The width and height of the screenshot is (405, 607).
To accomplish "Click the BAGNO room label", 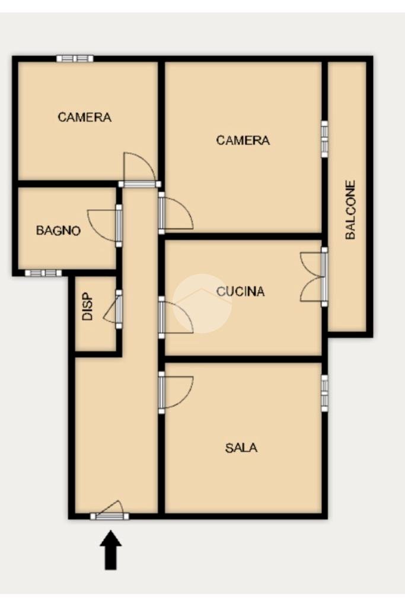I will (58, 231).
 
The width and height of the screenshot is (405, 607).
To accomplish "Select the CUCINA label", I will (240, 291).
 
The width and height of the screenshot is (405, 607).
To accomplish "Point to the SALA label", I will (241, 448).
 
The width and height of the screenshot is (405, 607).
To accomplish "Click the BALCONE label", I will (350, 210).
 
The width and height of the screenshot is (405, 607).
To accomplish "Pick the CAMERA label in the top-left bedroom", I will (84, 117).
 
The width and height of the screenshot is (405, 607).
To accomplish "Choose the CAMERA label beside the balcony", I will (243, 140).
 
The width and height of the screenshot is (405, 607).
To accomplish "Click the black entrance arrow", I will (111, 550).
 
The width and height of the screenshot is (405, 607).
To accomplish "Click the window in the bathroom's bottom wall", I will (43, 273).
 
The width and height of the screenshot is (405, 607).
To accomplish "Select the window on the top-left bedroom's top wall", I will (75, 59).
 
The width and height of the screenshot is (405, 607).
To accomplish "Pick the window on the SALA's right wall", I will (324, 392).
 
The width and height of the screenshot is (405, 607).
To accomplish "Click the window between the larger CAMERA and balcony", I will (324, 139).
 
